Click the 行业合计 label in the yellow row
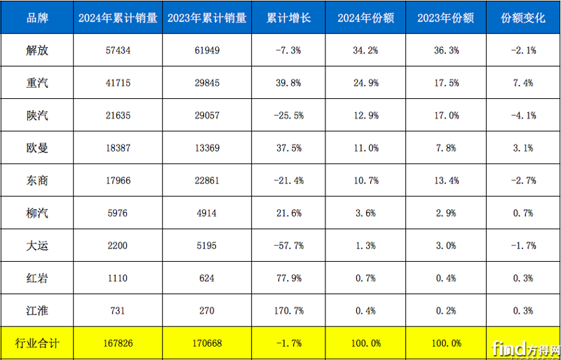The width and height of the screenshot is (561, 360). [x=36, y=343]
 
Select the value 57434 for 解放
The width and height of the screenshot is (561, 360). [x=117, y=51]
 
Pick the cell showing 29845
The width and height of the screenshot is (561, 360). [x=206, y=83]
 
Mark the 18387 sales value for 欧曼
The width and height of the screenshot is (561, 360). [x=117, y=148]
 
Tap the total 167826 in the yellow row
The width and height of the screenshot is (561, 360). [x=117, y=343]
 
